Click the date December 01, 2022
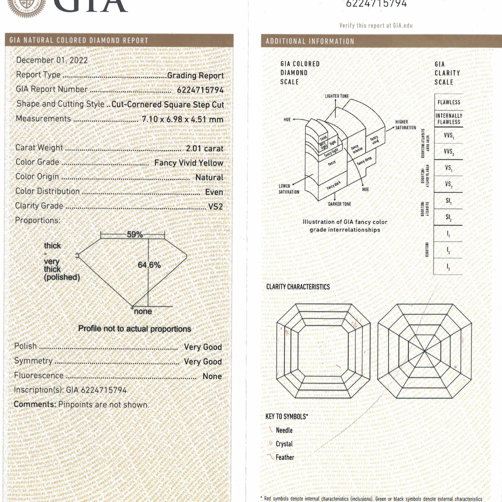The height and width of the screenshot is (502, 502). click(52, 60)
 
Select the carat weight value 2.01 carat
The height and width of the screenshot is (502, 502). click(205, 149)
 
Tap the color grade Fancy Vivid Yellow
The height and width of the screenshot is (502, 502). click(189, 163)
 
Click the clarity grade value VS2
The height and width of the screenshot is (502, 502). click(215, 207)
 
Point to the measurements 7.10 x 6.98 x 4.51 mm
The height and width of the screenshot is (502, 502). click(183, 119)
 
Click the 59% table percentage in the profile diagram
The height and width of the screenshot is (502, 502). click(135, 235)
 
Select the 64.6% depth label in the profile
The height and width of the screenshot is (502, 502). click(149, 265)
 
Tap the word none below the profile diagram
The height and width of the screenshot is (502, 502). click(143, 311)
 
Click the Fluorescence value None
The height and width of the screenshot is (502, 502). click(212, 376)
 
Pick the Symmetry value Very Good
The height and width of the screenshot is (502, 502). click(203, 361)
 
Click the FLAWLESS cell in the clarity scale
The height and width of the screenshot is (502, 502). click(449, 102)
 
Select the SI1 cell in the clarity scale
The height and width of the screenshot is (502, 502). click(449, 201)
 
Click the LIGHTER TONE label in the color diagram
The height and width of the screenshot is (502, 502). click(337, 96)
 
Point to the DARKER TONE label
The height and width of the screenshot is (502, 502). click(339, 204)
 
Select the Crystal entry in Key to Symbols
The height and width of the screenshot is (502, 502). click(284, 444)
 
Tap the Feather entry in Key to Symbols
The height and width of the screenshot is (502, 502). click(285, 457)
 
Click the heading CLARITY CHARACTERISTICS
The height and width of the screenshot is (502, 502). click(298, 287)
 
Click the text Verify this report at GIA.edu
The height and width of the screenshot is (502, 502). click(376, 25)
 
